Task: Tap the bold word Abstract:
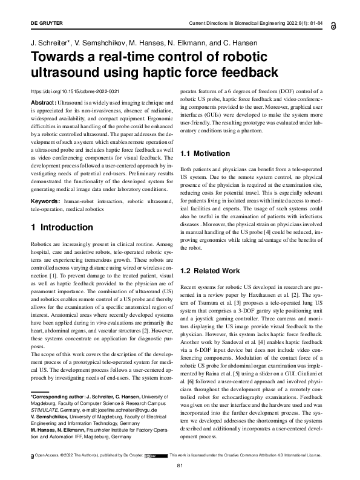coord(42,104)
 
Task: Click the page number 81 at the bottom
coord(179,465)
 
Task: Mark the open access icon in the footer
coord(31,455)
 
